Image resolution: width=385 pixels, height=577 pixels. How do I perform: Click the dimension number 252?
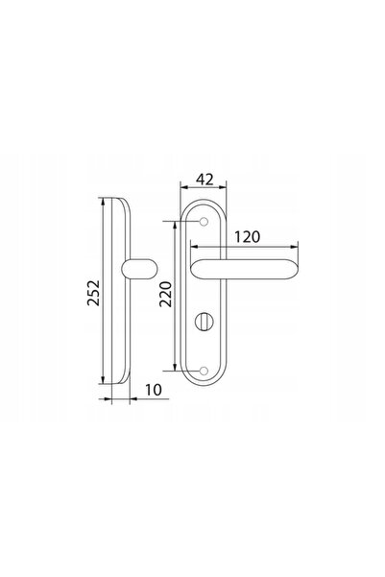(x=93, y=293)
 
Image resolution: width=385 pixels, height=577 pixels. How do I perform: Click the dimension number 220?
(x=166, y=294)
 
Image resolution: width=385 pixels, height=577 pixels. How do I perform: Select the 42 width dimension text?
(x=205, y=180)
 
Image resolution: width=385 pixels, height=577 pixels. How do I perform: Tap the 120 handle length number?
(x=248, y=237)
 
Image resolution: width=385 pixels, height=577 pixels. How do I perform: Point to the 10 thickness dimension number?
(x=153, y=390)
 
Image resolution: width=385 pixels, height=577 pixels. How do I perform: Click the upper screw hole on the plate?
(x=204, y=222)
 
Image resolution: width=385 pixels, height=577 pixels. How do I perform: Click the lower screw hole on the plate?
(x=204, y=371)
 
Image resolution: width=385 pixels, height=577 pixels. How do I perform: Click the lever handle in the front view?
(x=245, y=270)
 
